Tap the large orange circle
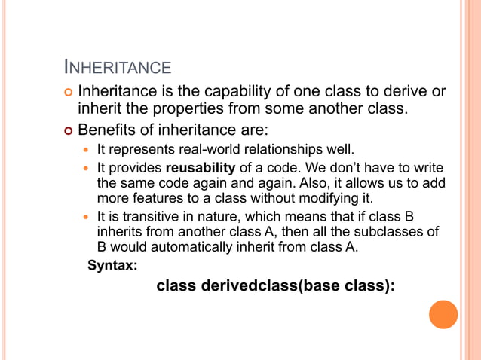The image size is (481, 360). pos(443,314)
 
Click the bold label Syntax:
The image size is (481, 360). pos(112,264)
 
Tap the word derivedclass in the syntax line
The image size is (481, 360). pos(246,287)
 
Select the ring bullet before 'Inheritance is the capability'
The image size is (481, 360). pos(69,93)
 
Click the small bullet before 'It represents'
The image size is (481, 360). pos(87,148)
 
